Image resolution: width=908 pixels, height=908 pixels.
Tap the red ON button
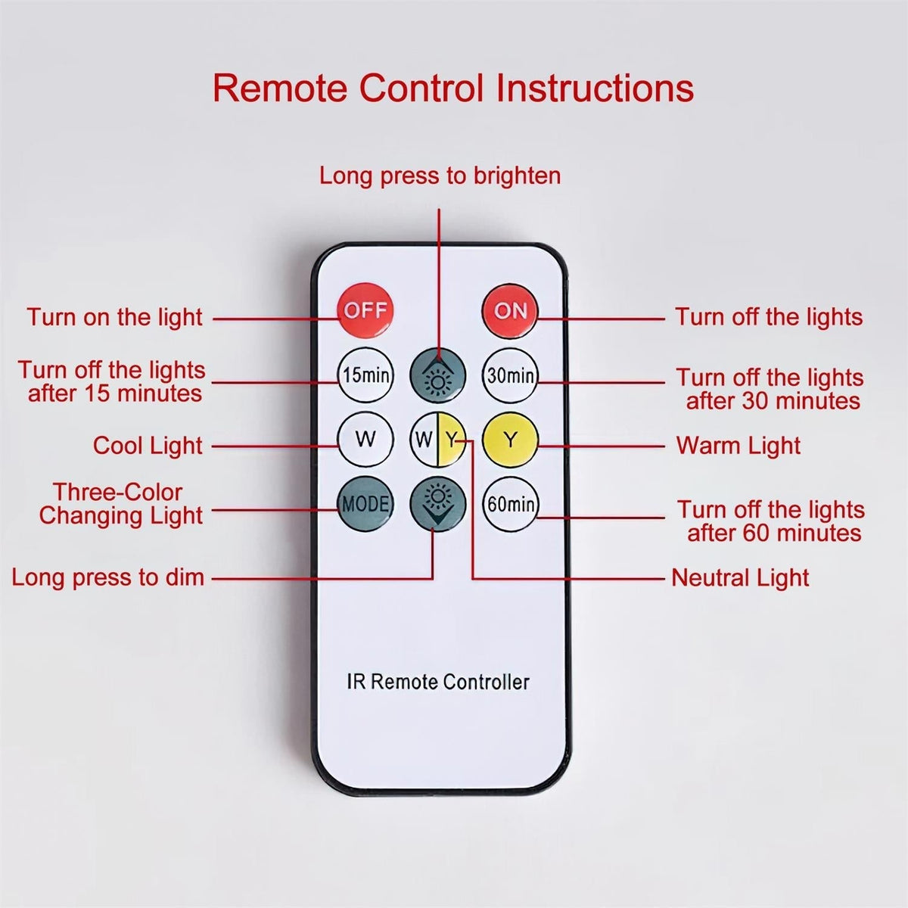[x=510, y=310]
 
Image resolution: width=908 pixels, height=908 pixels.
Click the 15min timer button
[x=365, y=375]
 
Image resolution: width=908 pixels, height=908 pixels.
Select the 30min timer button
[x=510, y=375]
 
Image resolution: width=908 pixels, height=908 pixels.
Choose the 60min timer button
[x=510, y=504]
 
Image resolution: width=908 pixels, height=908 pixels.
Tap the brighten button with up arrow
[x=438, y=375]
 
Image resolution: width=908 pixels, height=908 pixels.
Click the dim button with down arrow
[x=438, y=504]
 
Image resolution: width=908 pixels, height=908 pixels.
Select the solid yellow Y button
[x=510, y=440]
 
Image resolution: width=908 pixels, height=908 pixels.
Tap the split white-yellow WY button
[x=438, y=440]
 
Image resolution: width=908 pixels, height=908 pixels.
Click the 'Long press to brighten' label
[x=440, y=176]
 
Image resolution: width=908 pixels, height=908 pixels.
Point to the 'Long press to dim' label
[x=108, y=577]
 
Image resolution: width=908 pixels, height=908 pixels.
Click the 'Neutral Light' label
[x=740, y=577]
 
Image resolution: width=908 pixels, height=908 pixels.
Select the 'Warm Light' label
[x=739, y=445]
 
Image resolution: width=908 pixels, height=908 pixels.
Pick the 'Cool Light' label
[x=148, y=445]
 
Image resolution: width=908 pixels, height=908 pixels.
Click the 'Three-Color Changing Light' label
[x=120, y=504]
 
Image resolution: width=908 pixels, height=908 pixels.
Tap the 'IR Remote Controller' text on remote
[x=438, y=682]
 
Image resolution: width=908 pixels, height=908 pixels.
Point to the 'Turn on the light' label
[x=114, y=316]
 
